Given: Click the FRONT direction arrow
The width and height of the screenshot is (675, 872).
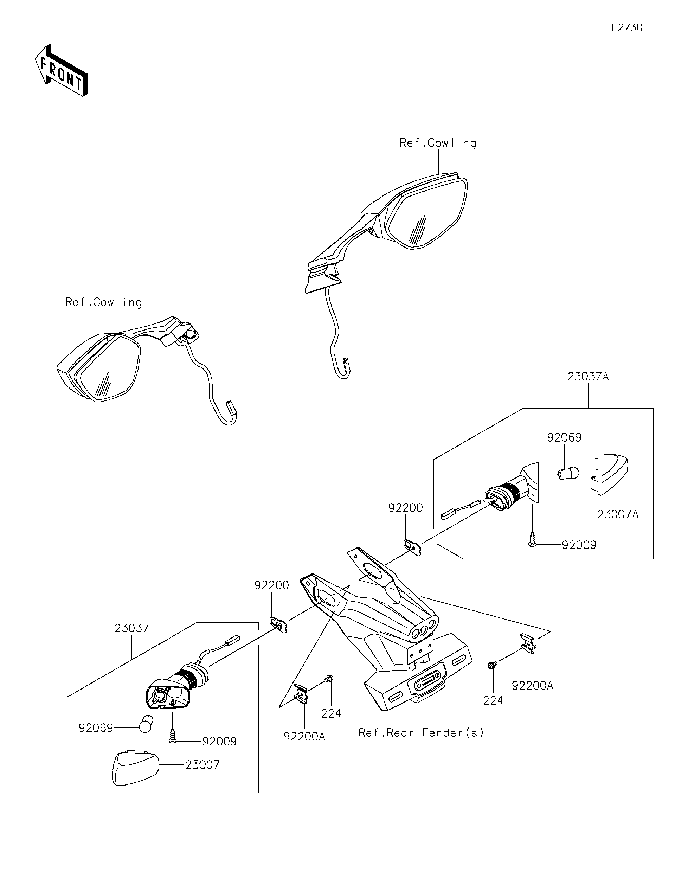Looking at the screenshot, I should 61,71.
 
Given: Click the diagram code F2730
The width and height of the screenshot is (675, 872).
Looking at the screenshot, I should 627,27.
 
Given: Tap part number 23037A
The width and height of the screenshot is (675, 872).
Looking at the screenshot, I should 588,377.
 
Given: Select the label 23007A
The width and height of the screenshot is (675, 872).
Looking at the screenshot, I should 617,514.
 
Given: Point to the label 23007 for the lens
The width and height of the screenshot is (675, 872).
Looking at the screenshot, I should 202,765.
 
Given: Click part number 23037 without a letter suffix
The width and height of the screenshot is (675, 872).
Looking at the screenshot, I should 131,628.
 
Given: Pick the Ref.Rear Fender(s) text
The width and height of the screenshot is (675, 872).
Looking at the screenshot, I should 421,733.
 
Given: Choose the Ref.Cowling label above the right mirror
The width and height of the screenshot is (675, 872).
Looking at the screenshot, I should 438,143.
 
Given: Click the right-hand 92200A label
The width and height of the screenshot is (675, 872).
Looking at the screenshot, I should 533,686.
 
